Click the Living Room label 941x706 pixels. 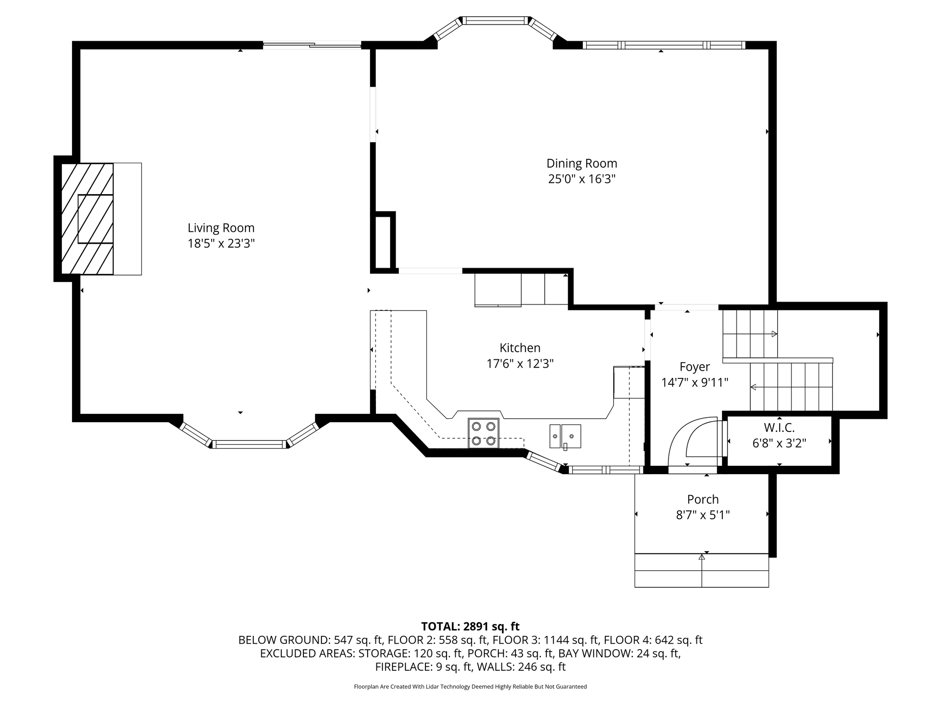[221, 228]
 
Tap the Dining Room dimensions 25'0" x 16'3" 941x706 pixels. [582, 179]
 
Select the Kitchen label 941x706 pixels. [520, 348]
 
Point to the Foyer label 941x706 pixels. [694, 367]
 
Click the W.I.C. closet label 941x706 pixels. [779, 428]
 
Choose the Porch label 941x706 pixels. [703, 500]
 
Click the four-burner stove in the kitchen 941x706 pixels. [483, 433]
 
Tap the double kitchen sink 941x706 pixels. [565, 436]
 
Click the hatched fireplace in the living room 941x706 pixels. [87, 219]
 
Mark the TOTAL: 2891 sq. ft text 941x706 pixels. [470, 627]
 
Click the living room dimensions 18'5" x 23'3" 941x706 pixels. [221, 244]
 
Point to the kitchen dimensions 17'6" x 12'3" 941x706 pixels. [520, 364]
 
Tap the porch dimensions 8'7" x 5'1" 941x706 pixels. [703, 515]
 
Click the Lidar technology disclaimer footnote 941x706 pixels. [470, 687]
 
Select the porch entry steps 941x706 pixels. [702, 570]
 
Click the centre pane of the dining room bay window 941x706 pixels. [495, 21]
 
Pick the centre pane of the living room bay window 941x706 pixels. [249, 445]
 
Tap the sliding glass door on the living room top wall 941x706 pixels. [312, 46]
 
